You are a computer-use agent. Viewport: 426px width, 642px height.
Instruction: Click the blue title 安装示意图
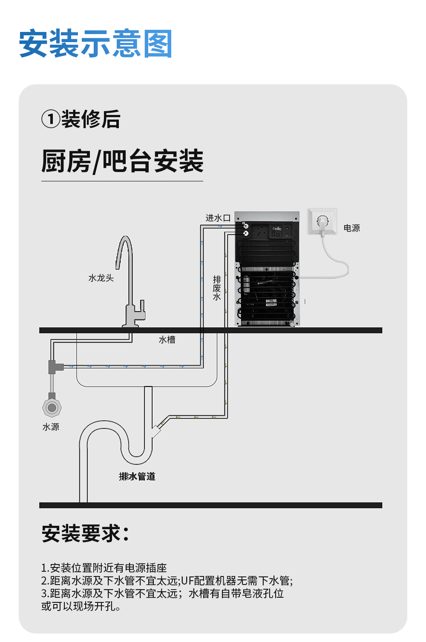(95, 43)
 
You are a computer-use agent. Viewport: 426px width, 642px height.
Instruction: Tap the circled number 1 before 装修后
(51, 119)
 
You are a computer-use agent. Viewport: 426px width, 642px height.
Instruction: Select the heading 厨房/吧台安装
(122, 161)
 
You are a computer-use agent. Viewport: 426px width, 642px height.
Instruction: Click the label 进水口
(218, 218)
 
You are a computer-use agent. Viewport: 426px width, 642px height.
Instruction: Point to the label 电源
(352, 228)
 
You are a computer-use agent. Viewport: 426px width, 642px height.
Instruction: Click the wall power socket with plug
(322, 221)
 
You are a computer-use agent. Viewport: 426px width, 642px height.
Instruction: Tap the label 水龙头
(101, 278)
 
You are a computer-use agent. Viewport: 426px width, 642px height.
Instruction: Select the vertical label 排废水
(217, 288)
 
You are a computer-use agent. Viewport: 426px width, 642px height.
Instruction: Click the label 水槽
(167, 340)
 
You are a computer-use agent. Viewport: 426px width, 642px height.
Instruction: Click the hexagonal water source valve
(52, 407)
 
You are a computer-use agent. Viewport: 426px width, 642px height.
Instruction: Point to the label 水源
(51, 427)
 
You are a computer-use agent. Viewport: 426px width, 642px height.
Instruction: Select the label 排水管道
(137, 476)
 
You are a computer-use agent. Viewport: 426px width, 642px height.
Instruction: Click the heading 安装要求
(86, 533)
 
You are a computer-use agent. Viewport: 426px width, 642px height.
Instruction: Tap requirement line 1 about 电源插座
(104, 568)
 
